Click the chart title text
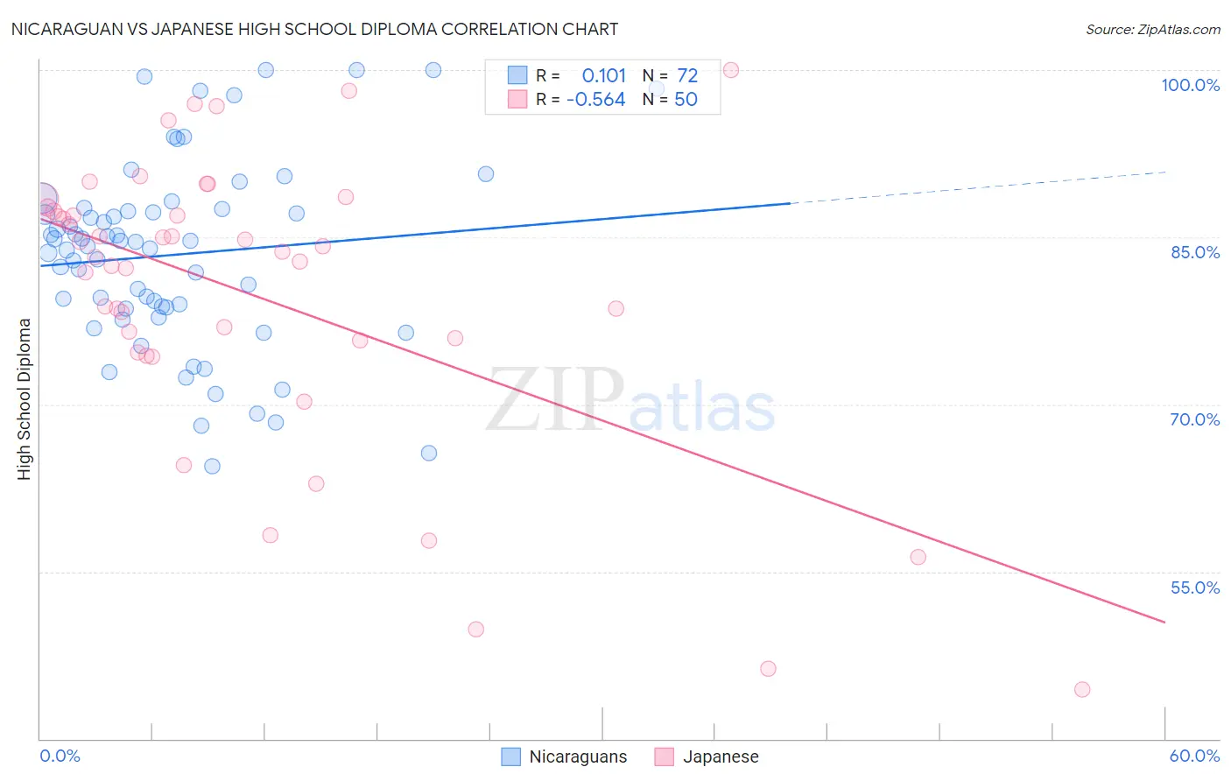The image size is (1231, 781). coord(314,30)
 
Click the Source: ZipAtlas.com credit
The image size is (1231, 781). coord(1152,30)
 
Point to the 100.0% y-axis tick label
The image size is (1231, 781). coord(1190,85)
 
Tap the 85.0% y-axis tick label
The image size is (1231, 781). coord(1195,252)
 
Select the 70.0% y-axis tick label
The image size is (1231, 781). coord(1195,419)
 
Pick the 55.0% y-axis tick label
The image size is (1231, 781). coord(1195,588)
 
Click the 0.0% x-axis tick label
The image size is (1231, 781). coord(60,756)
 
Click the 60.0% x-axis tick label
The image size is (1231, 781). coord(1194,756)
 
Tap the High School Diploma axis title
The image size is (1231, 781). coord(25,398)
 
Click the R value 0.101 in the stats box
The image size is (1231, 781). coord(604,76)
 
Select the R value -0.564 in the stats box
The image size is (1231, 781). coord(596,100)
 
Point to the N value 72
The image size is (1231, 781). coord(687,76)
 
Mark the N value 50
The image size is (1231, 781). coord(686,100)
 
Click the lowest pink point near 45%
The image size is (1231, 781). coord(1082,690)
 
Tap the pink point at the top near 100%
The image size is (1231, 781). coord(731,70)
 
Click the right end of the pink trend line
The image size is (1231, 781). coord(1164,622)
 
